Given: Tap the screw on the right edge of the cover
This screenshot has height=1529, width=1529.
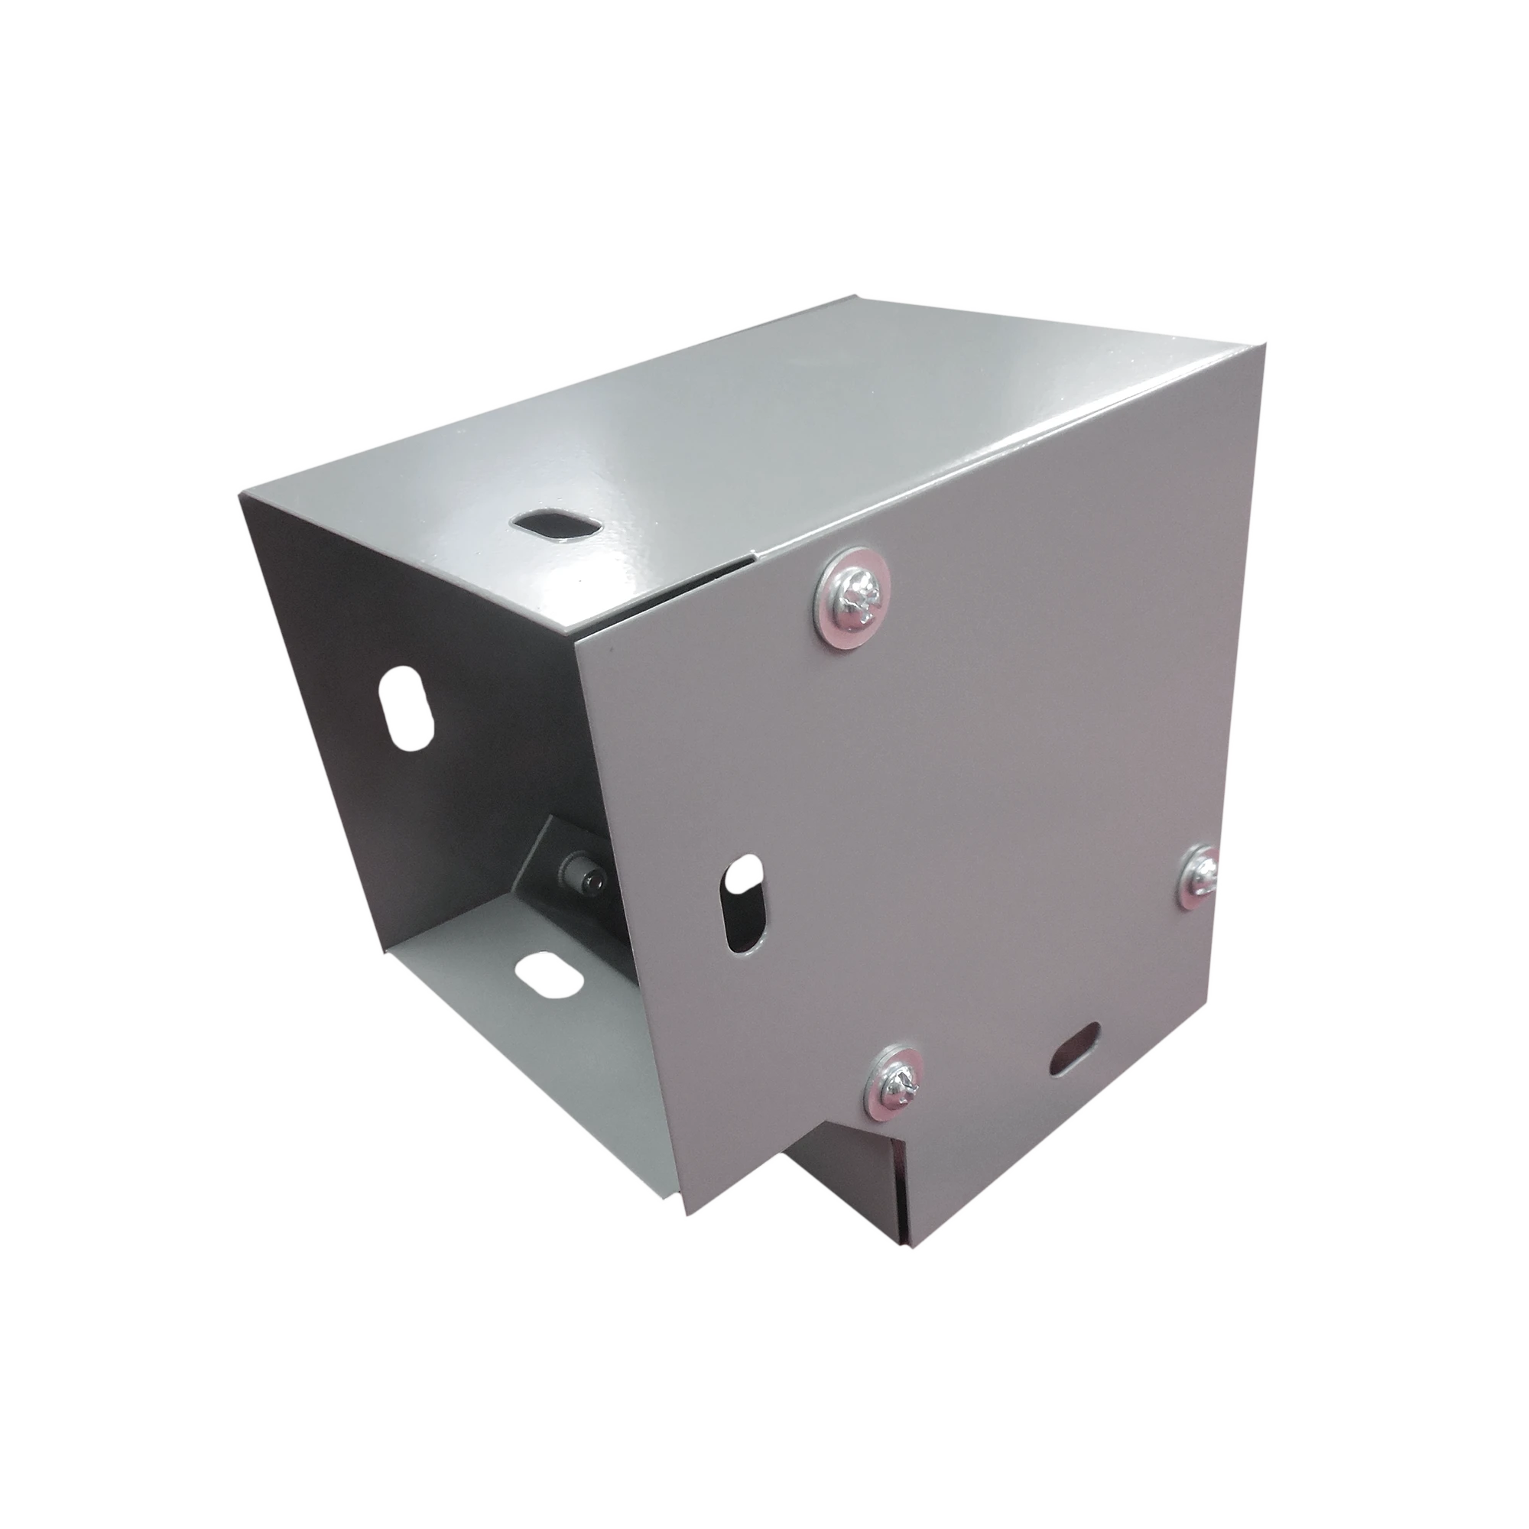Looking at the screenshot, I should point(1200,876).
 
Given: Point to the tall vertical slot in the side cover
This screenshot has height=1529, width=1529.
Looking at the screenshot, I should point(744,903).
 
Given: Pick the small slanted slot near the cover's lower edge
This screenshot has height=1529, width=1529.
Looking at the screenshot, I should point(1075,1048).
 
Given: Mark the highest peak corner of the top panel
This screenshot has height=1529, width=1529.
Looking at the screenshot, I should point(859,295).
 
